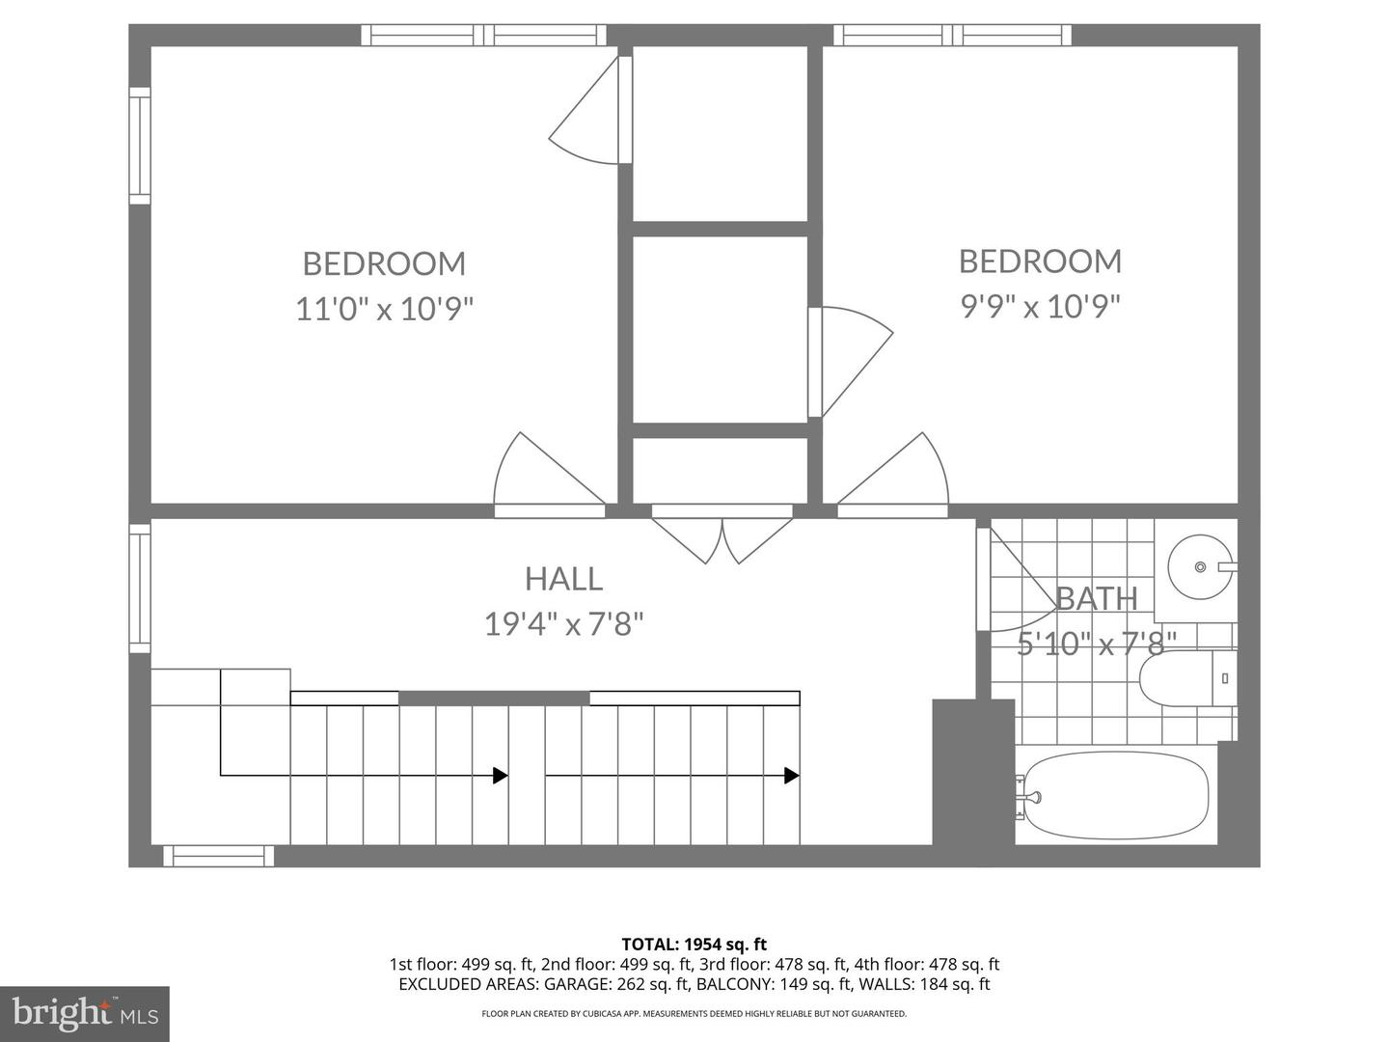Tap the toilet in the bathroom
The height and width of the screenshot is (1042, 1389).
point(1187,678)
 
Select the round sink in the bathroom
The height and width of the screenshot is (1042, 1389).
point(1199,567)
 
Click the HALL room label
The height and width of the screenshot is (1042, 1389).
point(563,579)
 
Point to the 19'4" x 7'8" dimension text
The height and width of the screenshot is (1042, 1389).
point(563,624)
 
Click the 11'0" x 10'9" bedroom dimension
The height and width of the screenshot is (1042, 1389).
point(384,310)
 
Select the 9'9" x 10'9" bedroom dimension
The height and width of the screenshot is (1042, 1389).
point(1040,307)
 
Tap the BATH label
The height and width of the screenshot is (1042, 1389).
point(1097,599)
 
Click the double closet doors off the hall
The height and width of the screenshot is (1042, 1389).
point(722,535)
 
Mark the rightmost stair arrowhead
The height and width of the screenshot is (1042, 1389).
point(791,775)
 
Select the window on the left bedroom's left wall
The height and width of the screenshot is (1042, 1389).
point(140,146)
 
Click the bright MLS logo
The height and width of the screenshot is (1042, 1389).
point(85,1013)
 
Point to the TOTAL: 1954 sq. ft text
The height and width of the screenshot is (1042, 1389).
point(694,945)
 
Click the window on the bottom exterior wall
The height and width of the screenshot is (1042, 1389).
point(218,856)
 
